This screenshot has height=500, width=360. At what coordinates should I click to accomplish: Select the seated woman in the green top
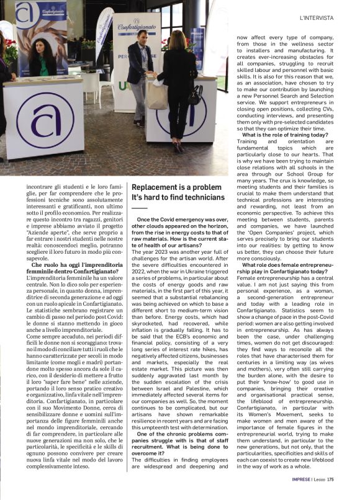click(45, 56)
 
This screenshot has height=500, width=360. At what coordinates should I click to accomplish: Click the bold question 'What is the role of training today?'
click(286, 135)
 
